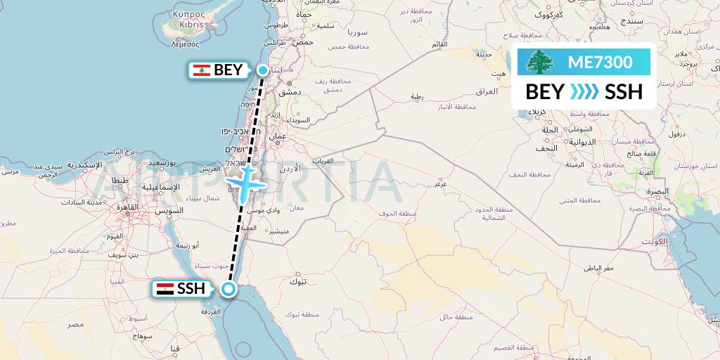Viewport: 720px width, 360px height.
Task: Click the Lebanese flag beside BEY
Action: tap(201, 70)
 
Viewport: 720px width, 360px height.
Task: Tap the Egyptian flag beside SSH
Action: tap(165, 288)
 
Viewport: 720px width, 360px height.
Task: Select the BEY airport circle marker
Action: tap(262, 70)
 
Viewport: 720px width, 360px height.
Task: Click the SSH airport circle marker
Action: tap(228, 288)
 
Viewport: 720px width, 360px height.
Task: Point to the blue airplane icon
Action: tap(245, 181)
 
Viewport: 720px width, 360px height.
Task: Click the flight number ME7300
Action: tap(600, 62)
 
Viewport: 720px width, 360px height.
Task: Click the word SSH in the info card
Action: tap(624, 92)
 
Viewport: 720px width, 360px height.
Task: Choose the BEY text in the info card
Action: tap(544, 92)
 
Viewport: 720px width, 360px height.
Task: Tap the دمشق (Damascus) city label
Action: tap(290, 92)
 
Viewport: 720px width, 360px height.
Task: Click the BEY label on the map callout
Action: tap(229, 70)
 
